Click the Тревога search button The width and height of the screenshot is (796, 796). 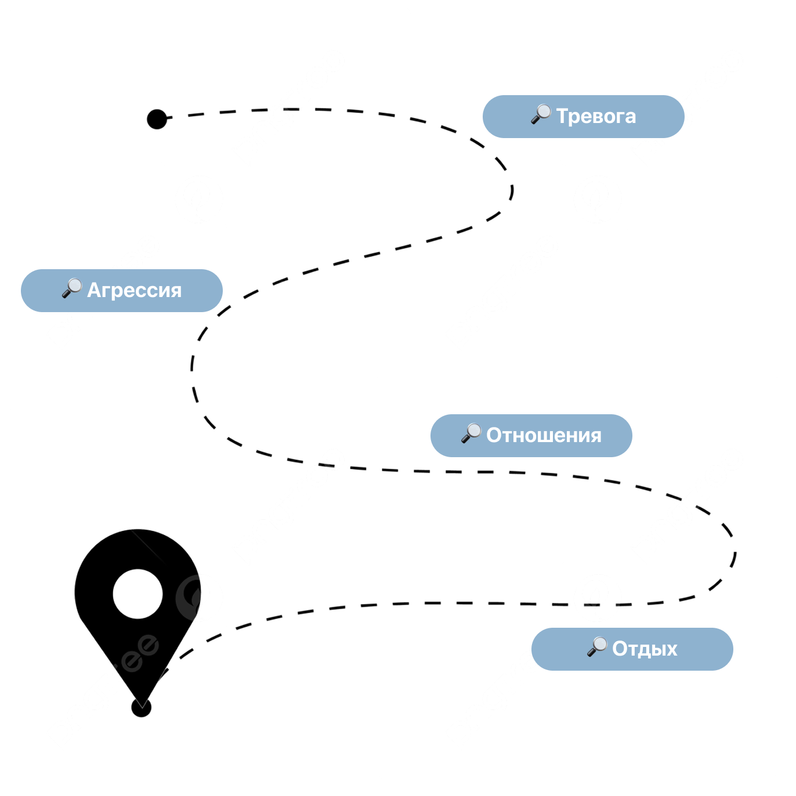(583, 117)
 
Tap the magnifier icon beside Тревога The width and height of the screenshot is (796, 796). (541, 114)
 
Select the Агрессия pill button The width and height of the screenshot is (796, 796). (122, 291)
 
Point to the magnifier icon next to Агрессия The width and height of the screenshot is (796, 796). (72, 288)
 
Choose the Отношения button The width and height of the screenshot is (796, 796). (531, 436)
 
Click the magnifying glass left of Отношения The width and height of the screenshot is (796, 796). (471, 433)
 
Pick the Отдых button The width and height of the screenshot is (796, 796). (632, 649)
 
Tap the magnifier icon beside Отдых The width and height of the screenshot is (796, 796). (597, 646)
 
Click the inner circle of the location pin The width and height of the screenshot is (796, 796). (138, 594)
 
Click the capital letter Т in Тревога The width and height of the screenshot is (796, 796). (562, 116)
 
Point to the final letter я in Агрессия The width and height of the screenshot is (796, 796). (176, 291)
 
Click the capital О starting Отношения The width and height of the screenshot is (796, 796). (494, 435)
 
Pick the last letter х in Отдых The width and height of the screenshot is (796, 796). (671, 650)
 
